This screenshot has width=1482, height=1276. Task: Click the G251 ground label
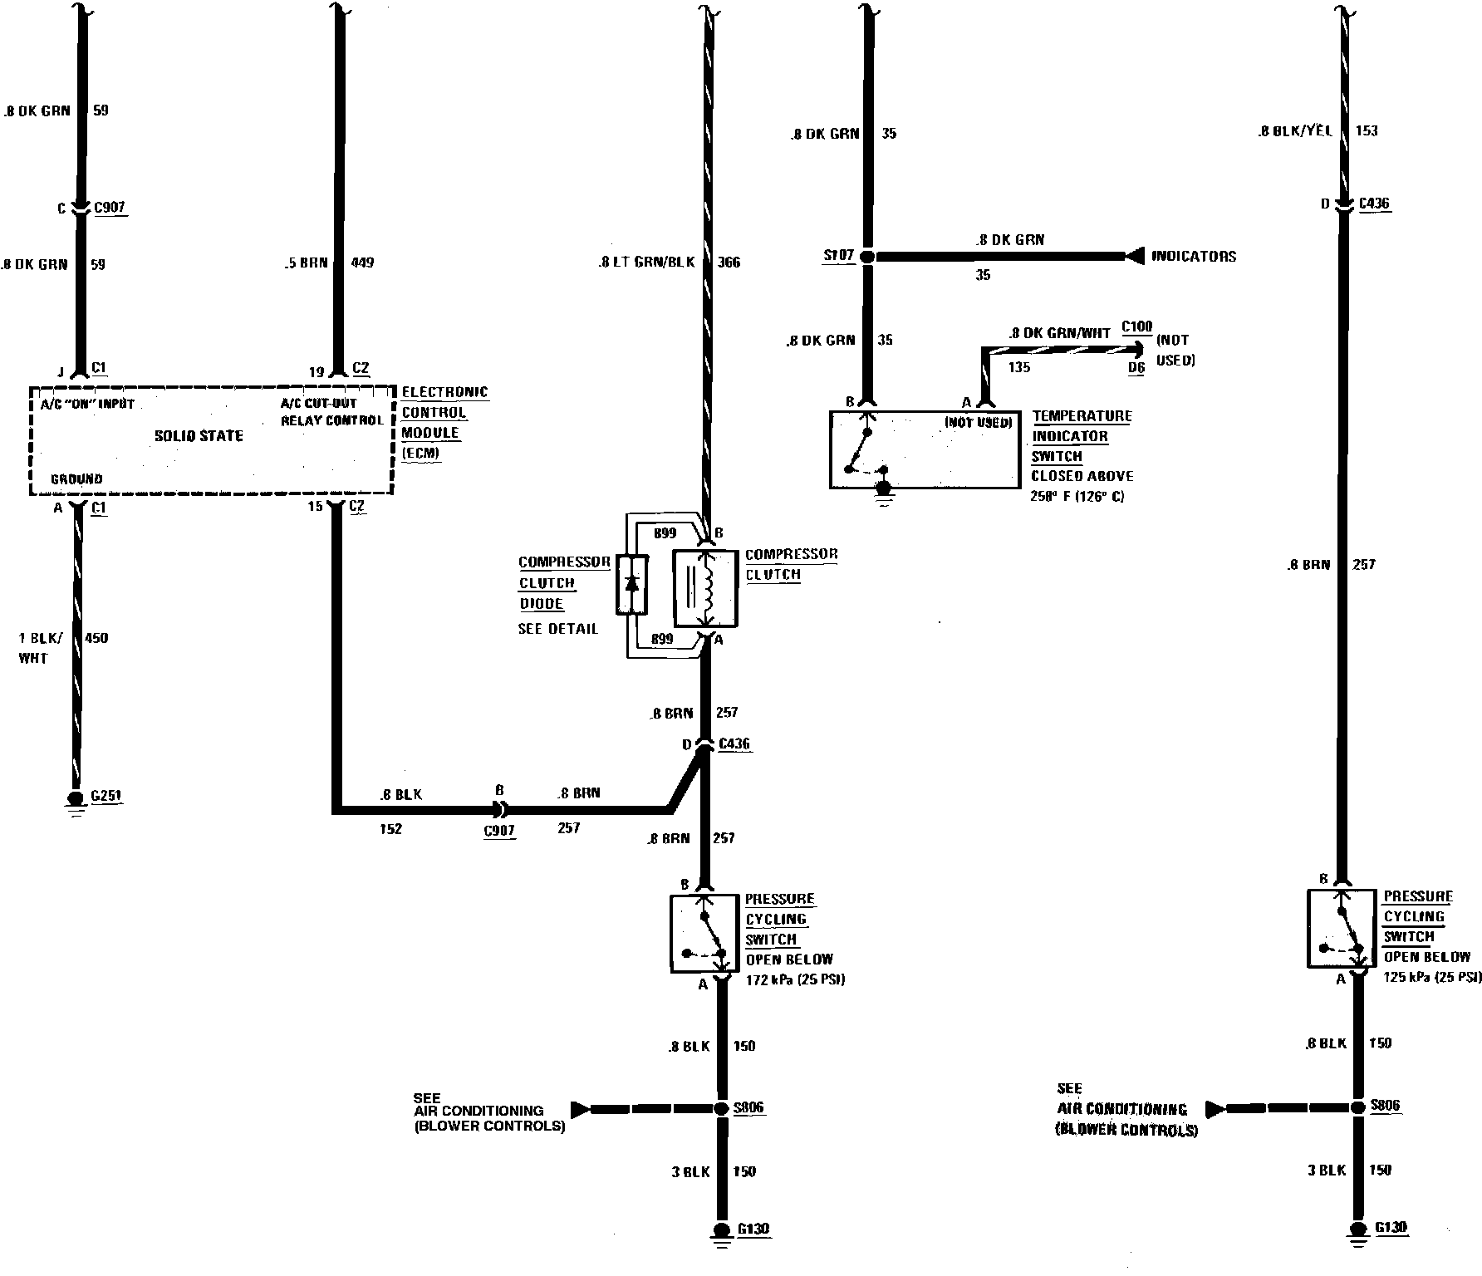coord(107,796)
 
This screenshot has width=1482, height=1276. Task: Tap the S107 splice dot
coord(866,257)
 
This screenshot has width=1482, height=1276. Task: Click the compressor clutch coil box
coord(704,588)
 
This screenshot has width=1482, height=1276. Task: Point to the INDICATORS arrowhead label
coord(1193,257)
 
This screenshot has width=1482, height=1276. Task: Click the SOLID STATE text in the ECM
coord(199,436)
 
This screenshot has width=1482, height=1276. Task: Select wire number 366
coord(728,263)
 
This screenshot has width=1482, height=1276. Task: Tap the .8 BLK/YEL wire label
coord(1295,130)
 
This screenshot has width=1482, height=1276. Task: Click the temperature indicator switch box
coord(924,449)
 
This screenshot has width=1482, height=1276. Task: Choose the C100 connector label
coord(1136,326)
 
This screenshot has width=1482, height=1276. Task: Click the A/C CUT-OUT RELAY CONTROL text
coord(331,412)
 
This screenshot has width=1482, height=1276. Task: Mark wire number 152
coord(390,829)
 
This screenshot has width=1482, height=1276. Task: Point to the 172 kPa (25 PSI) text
coord(795,979)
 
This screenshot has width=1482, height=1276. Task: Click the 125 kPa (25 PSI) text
coord(1432,977)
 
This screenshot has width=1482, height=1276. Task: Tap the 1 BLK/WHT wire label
coord(39,648)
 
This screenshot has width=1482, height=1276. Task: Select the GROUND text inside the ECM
coord(76,479)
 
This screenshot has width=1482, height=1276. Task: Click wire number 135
coord(1018,366)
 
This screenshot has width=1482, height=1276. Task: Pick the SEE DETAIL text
coord(557,629)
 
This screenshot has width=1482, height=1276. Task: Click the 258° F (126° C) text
coord(1077,497)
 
